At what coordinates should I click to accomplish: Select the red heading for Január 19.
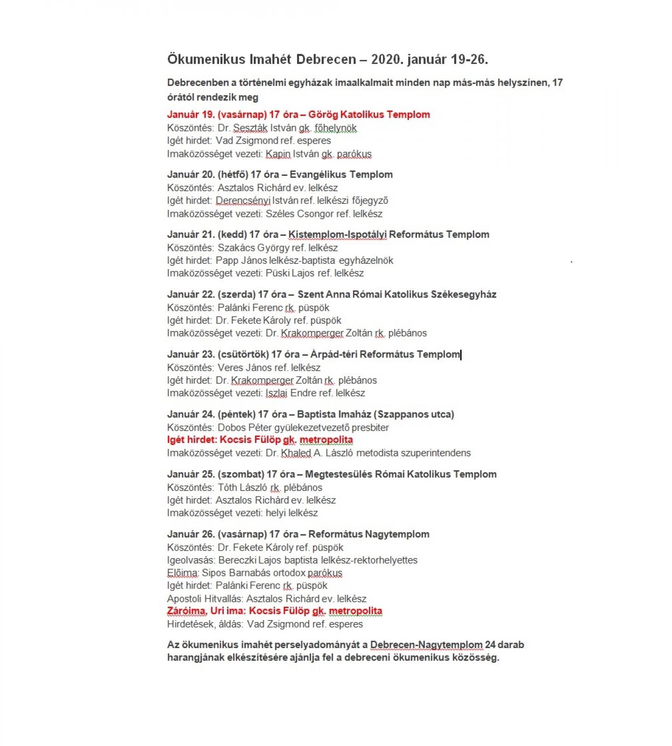pyautogui.click(x=298, y=115)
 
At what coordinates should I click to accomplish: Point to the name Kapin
pyautogui.click(x=278, y=154)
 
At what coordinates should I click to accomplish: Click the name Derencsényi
pyautogui.click(x=243, y=201)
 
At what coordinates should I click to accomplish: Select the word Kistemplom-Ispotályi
pyautogui.click(x=337, y=235)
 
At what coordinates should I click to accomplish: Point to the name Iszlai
pyautogui.click(x=276, y=393)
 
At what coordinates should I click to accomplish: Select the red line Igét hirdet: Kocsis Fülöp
pyautogui.click(x=260, y=440)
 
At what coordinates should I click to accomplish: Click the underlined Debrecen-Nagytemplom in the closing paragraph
pyautogui.click(x=426, y=645)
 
